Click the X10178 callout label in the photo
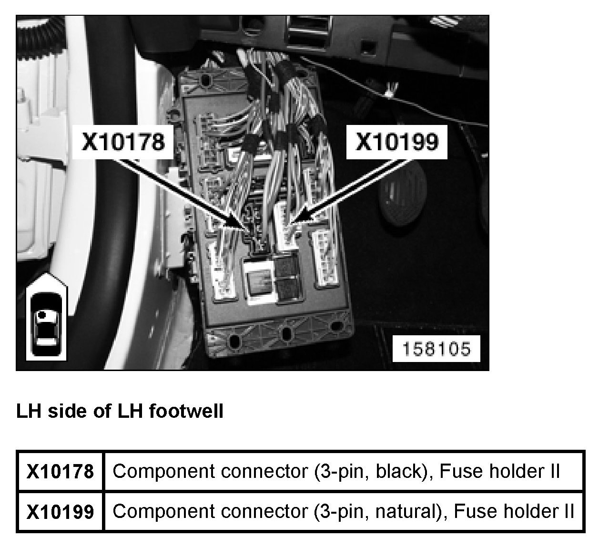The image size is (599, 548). point(123,142)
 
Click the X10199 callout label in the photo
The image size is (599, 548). point(397,142)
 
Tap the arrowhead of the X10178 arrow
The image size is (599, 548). point(236,224)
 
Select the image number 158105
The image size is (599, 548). point(436,349)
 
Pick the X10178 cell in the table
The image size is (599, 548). point(60,472)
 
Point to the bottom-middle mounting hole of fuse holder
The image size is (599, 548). point(286,332)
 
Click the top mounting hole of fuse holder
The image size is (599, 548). point(206,80)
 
